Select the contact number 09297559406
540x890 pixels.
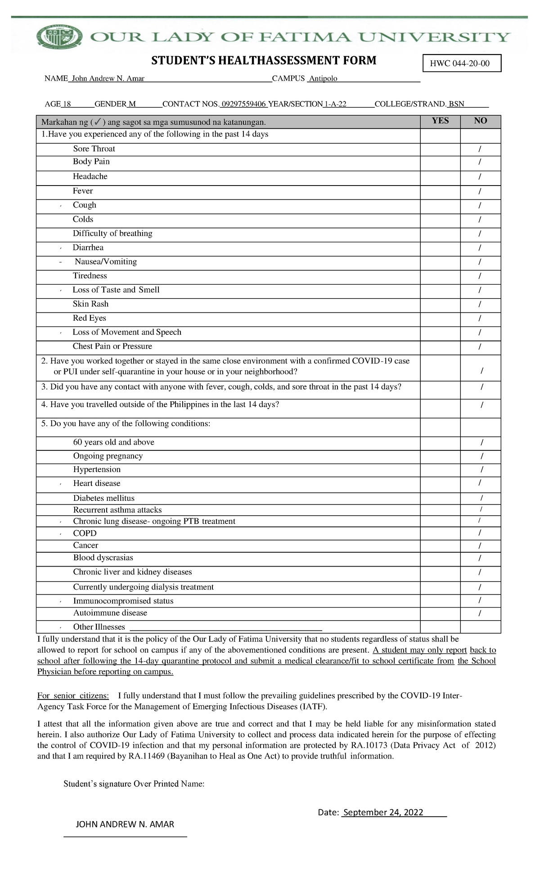[x=244, y=104]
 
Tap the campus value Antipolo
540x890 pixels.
[x=323, y=79]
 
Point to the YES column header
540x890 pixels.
[x=440, y=121]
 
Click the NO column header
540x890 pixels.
[x=480, y=121]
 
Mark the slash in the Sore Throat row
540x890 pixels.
[x=480, y=149]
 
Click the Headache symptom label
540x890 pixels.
[x=90, y=177]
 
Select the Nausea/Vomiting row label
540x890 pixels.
[x=106, y=262]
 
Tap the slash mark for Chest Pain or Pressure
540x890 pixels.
[x=480, y=347]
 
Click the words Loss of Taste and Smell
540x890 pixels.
[x=116, y=290]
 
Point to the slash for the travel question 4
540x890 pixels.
[x=482, y=405]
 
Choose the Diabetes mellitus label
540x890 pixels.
[x=104, y=498]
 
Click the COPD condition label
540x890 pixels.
[x=85, y=533]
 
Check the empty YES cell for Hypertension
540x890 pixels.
[x=440, y=470]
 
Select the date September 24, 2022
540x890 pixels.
[x=383, y=813]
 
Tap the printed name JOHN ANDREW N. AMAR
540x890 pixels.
[x=125, y=825]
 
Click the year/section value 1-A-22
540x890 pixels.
[x=335, y=104]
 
